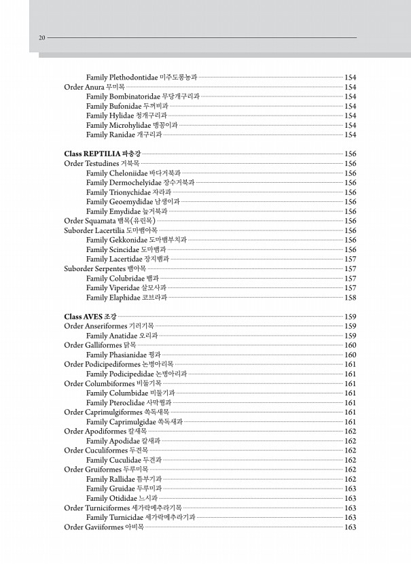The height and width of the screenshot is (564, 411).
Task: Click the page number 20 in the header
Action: pyautogui.click(x=41, y=38)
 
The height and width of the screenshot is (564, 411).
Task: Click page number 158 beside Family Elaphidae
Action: pyautogui.click(x=351, y=298)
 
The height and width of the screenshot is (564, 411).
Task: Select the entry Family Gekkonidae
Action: pyautogui.click(x=136, y=240)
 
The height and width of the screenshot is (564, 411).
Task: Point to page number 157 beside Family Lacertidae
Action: pyautogui.click(x=351, y=260)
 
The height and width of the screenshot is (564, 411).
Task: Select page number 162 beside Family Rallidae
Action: pyautogui.click(x=351, y=479)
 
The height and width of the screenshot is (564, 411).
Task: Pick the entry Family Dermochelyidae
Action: pyautogui.click(x=140, y=183)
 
